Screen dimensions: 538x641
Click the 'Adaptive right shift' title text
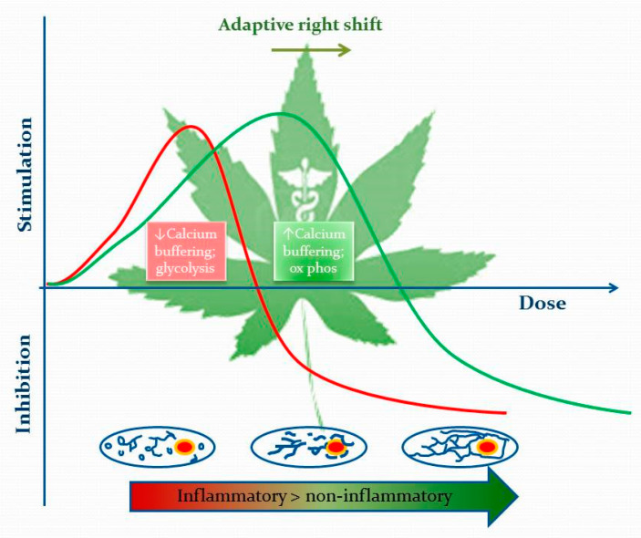[300, 25]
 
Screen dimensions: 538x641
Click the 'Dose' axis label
[542, 303]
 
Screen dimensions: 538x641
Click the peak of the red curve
[190, 127]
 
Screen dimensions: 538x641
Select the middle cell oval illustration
[309, 446]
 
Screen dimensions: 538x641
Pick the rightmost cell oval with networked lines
[460, 447]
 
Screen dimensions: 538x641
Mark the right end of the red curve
[503, 412]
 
